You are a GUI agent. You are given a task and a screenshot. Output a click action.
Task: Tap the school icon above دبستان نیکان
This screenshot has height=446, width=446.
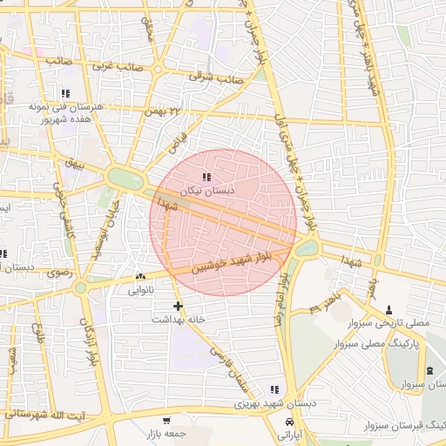click(x=206, y=178)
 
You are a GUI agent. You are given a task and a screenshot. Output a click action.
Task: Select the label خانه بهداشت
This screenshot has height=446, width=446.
click(x=178, y=320)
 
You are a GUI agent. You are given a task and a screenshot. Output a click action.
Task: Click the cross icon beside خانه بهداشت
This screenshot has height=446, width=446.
click(x=179, y=306)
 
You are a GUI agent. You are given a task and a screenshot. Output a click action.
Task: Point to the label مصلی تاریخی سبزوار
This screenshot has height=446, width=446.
click(x=389, y=323)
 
